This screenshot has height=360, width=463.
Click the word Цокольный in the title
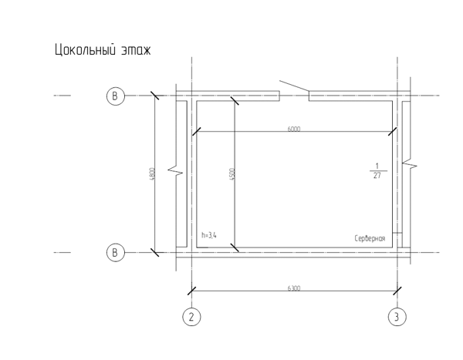pyautogui.click(x=85, y=49)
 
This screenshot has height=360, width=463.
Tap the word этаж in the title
pyautogui.click(x=136, y=50)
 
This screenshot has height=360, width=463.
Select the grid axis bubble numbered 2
pyautogui.click(x=191, y=317)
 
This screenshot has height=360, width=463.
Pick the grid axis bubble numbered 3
pyautogui.click(x=397, y=317)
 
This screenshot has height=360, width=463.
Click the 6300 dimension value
pyautogui.click(x=294, y=288)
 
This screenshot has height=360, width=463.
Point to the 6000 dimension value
pyautogui.click(x=294, y=129)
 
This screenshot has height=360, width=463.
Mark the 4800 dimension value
pyautogui.click(x=152, y=174)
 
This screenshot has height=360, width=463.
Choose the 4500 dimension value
pyautogui.click(x=232, y=174)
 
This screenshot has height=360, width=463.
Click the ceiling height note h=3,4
pyautogui.click(x=209, y=235)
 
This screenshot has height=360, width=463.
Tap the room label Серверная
pyautogui.click(x=370, y=238)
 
